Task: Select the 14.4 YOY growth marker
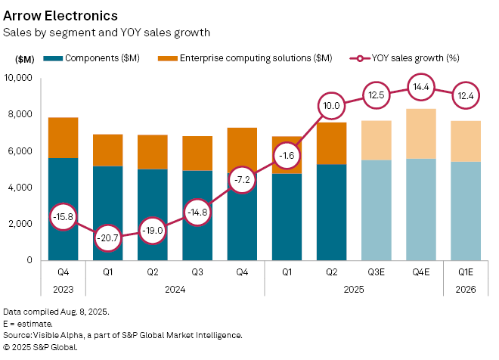(422, 88)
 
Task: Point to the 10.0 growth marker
(331, 106)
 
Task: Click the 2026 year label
(466, 288)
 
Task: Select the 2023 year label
(63, 288)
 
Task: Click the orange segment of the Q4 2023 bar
(63, 138)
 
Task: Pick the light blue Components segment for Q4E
(421, 209)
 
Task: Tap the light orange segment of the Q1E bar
(466, 141)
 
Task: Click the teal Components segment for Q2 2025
(331, 213)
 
